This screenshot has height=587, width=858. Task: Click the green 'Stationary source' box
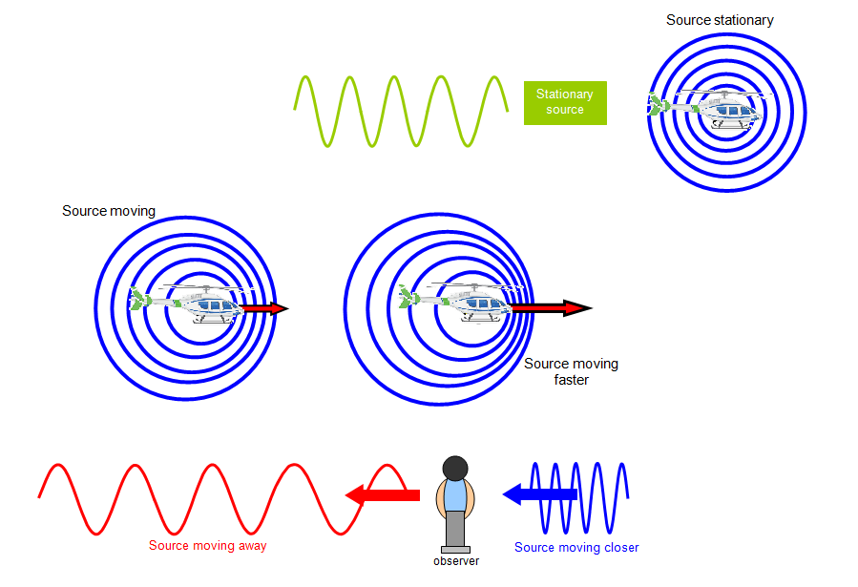click(x=565, y=102)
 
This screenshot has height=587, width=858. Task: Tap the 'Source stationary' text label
click(x=720, y=20)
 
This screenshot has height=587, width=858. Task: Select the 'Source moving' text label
click(x=108, y=211)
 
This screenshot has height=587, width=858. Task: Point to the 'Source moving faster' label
click(x=571, y=371)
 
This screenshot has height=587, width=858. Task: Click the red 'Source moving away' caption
click(x=207, y=546)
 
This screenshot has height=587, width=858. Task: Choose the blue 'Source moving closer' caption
click(x=576, y=548)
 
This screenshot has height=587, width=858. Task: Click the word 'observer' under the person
click(x=456, y=561)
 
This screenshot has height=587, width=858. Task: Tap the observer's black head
click(x=455, y=469)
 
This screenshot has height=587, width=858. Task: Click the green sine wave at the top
click(x=401, y=111)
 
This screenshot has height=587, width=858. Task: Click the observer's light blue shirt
click(x=455, y=496)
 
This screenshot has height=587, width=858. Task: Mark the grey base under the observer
click(x=455, y=549)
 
